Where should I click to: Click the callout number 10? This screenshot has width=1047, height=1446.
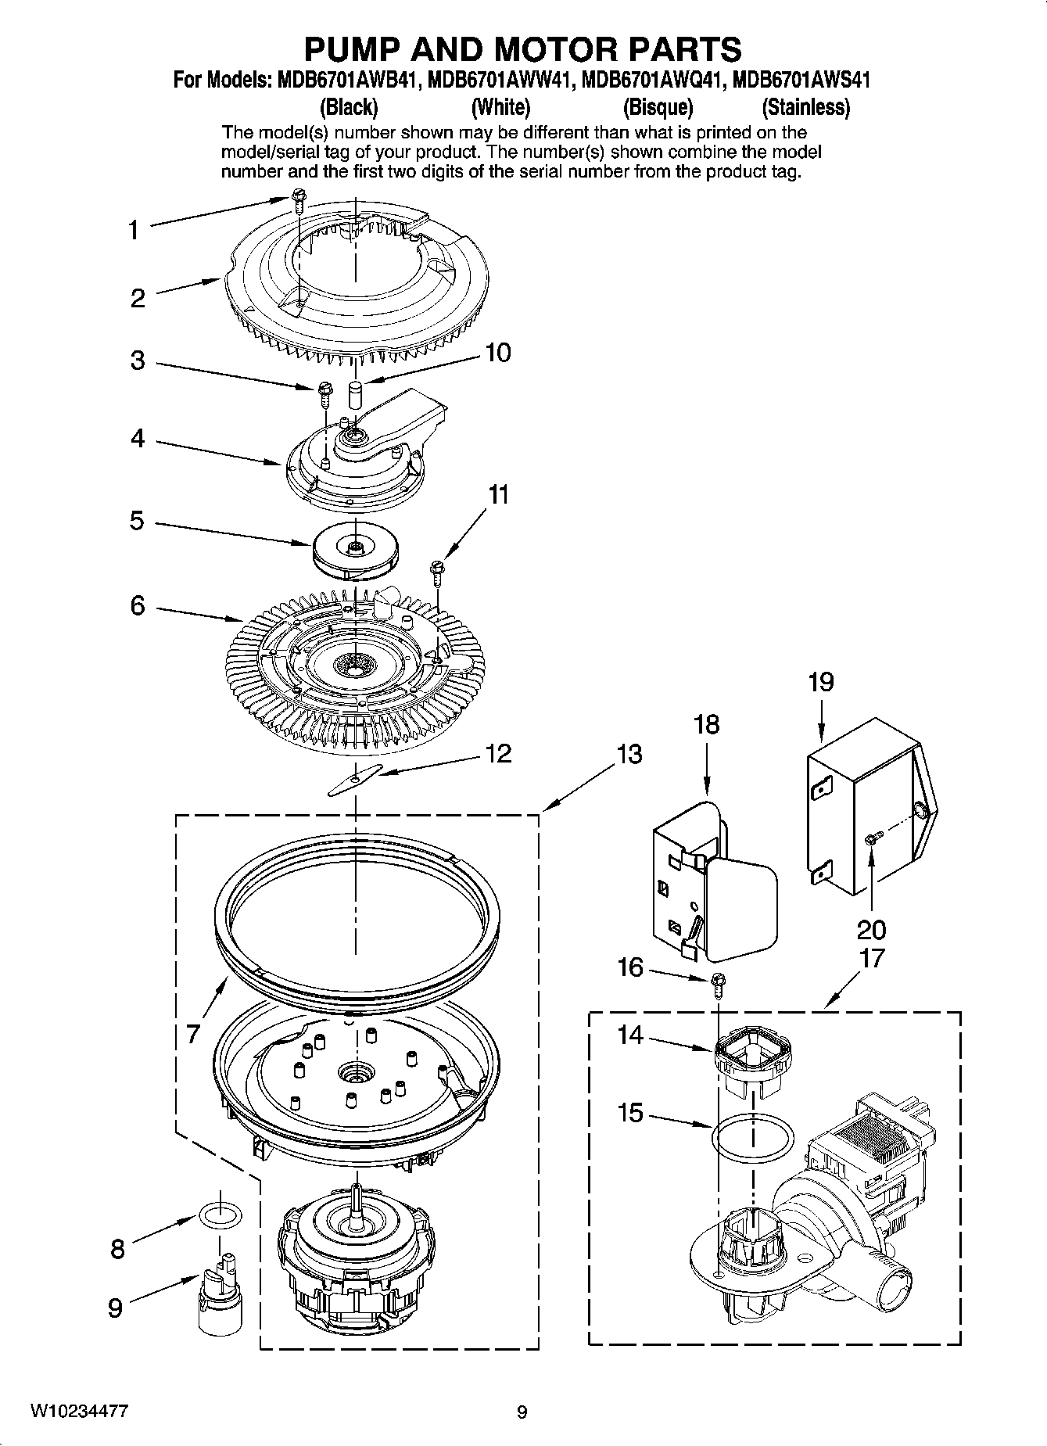click(498, 353)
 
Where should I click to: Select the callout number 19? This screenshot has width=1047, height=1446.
click(820, 683)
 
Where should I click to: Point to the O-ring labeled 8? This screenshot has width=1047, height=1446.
click(220, 1215)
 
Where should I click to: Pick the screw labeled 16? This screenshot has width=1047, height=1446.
click(718, 984)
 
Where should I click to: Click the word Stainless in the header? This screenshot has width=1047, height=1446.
click(805, 107)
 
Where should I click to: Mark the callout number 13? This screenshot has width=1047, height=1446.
click(629, 755)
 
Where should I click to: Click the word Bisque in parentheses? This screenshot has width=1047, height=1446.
click(658, 107)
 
